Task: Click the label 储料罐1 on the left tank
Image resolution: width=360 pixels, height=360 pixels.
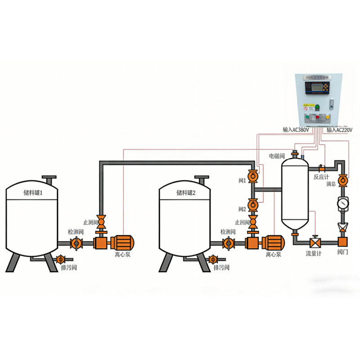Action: [32, 193]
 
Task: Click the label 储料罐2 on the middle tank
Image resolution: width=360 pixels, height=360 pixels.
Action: [186, 193]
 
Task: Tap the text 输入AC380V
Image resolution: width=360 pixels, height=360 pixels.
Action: [296, 130]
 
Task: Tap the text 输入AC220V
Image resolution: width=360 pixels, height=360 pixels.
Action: [340, 130]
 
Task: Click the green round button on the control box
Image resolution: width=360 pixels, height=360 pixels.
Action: [317, 107]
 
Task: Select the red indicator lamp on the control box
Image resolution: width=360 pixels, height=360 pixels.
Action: [317, 117]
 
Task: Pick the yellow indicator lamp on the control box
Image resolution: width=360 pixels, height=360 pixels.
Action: [327, 117]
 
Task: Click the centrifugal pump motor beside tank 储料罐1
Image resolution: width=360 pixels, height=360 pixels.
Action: [121, 243]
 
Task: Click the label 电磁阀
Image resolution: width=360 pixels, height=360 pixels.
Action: [277, 156]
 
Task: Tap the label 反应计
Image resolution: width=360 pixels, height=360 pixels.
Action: [322, 177]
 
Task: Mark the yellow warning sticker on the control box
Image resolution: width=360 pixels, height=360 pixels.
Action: [308, 103]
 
